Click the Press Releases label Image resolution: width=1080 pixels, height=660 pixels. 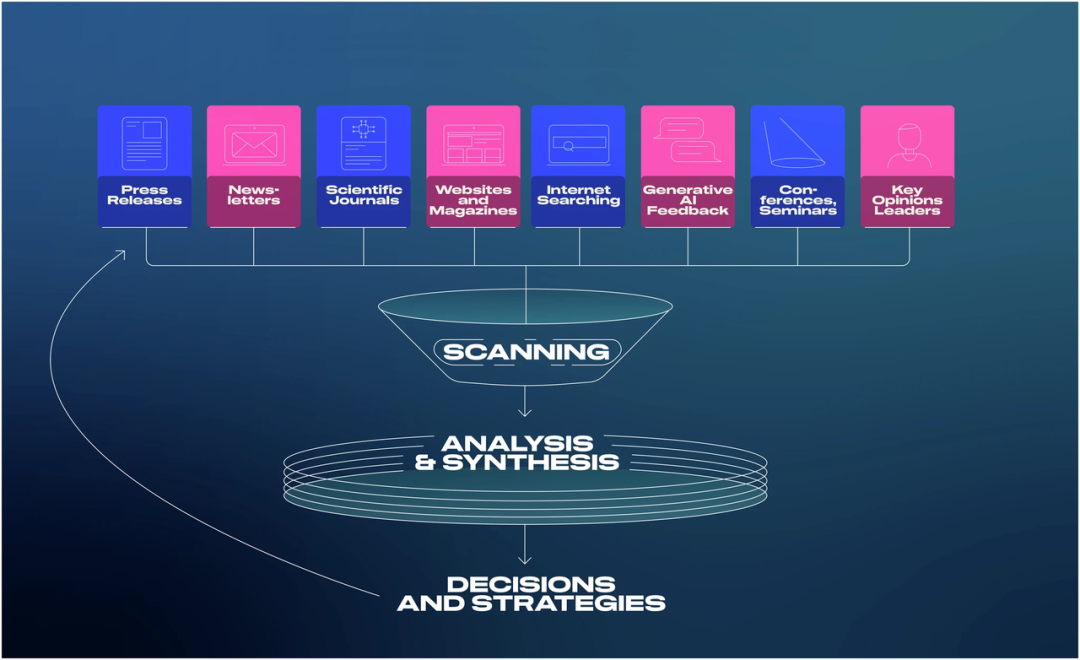pyautogui.click(x=145, y=195)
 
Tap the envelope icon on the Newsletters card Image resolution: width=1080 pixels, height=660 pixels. pyautogui.click(x=254, y=145)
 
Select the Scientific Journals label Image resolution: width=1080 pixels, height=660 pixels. pyautogui.click(x=364, y=195)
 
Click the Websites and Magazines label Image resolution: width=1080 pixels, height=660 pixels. pyautogui.click(x=473, y=200)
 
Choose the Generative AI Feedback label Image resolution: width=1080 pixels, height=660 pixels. pyautogui.click(x=687, y=200)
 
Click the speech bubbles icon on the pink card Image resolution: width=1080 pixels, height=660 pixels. pyautogui.click(x=687, y=140)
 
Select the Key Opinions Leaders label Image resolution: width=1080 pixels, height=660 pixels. pyautogui.click(x=907, y=200)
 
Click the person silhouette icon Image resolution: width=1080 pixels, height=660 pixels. pyautogui.click(x=909, y=145)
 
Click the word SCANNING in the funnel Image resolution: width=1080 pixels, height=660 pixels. pyautogui.click(x=526, y=352)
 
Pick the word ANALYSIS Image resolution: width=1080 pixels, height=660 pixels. pyautogui.click(x=517, y=443)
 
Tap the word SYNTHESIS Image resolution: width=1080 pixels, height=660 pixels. pyautogui.click(x=530, y=462)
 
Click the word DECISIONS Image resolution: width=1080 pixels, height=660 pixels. pyautogui.click(x=531, y=584)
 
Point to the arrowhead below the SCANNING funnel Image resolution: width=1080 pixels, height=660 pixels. pyautogui.click(x=525, y=412)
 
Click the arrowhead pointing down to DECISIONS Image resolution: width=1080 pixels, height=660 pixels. pyautogui.click(x=525, y=559)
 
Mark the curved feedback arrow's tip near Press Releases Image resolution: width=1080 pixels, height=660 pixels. pyautogui.click(x=125, y=251)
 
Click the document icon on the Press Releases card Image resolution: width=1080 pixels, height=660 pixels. pyautogui.click(x=145, y=143)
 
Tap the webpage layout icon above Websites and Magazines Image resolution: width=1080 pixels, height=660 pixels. pyautogui.click(x=473, y=145)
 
